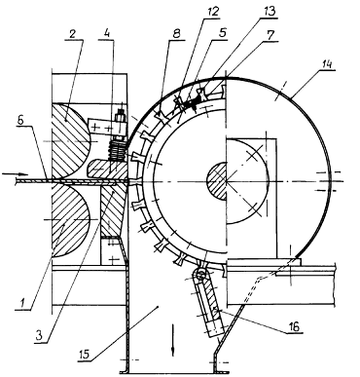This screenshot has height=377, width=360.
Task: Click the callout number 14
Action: tap(327, 64)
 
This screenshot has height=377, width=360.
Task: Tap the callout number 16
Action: tap(294, 326)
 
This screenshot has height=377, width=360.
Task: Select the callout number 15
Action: tap(85, 354)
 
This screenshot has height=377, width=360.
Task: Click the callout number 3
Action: tap(40, 335)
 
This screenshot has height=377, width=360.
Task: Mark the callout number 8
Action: tap(177, 34)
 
